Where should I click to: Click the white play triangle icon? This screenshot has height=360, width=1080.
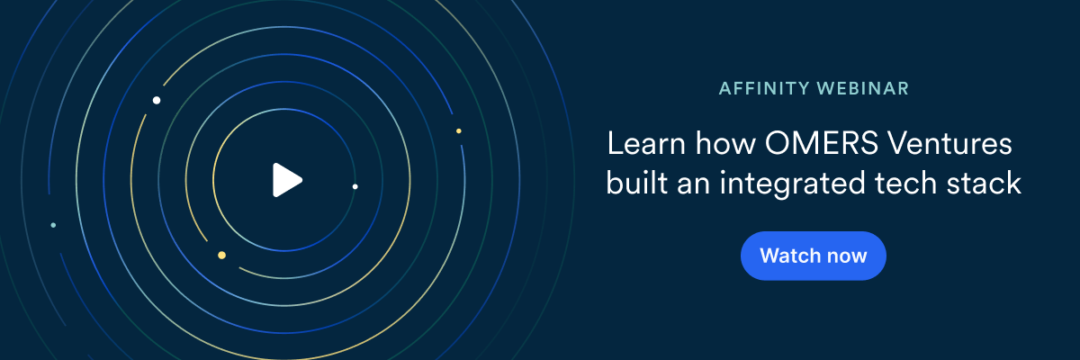[286, 180]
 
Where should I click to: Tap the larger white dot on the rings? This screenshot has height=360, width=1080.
[157, 100]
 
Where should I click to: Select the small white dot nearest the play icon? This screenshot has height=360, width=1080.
[355, 186]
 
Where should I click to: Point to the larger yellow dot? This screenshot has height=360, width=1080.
[221, 255]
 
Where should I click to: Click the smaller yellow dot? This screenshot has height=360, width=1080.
[458, 131]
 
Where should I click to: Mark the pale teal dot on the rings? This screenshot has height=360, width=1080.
[53, 225]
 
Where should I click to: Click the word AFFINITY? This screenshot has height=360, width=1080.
[764, 89]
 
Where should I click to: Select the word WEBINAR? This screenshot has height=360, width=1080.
[863, 89]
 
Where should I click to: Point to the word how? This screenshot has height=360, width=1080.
[725, 144]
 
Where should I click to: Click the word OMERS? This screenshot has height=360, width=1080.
[822, 143]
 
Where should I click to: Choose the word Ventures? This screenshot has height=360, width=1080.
[949, 144]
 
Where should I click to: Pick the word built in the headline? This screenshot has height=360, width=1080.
[637, 183]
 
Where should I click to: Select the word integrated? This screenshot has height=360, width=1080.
[793, 184]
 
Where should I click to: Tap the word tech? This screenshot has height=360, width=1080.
[905, 183]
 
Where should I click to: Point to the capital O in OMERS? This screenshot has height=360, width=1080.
[778, 143]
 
